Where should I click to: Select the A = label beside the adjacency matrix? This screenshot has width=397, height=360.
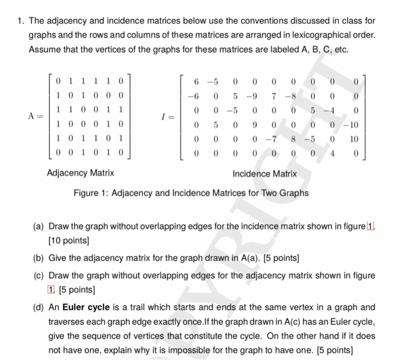[x=35, y=116]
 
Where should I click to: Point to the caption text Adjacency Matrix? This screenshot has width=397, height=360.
[x=80, y=173]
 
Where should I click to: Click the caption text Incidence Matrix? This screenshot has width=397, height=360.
[x=264, y=173]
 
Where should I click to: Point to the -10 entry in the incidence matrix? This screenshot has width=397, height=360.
[x=353, y=123]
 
